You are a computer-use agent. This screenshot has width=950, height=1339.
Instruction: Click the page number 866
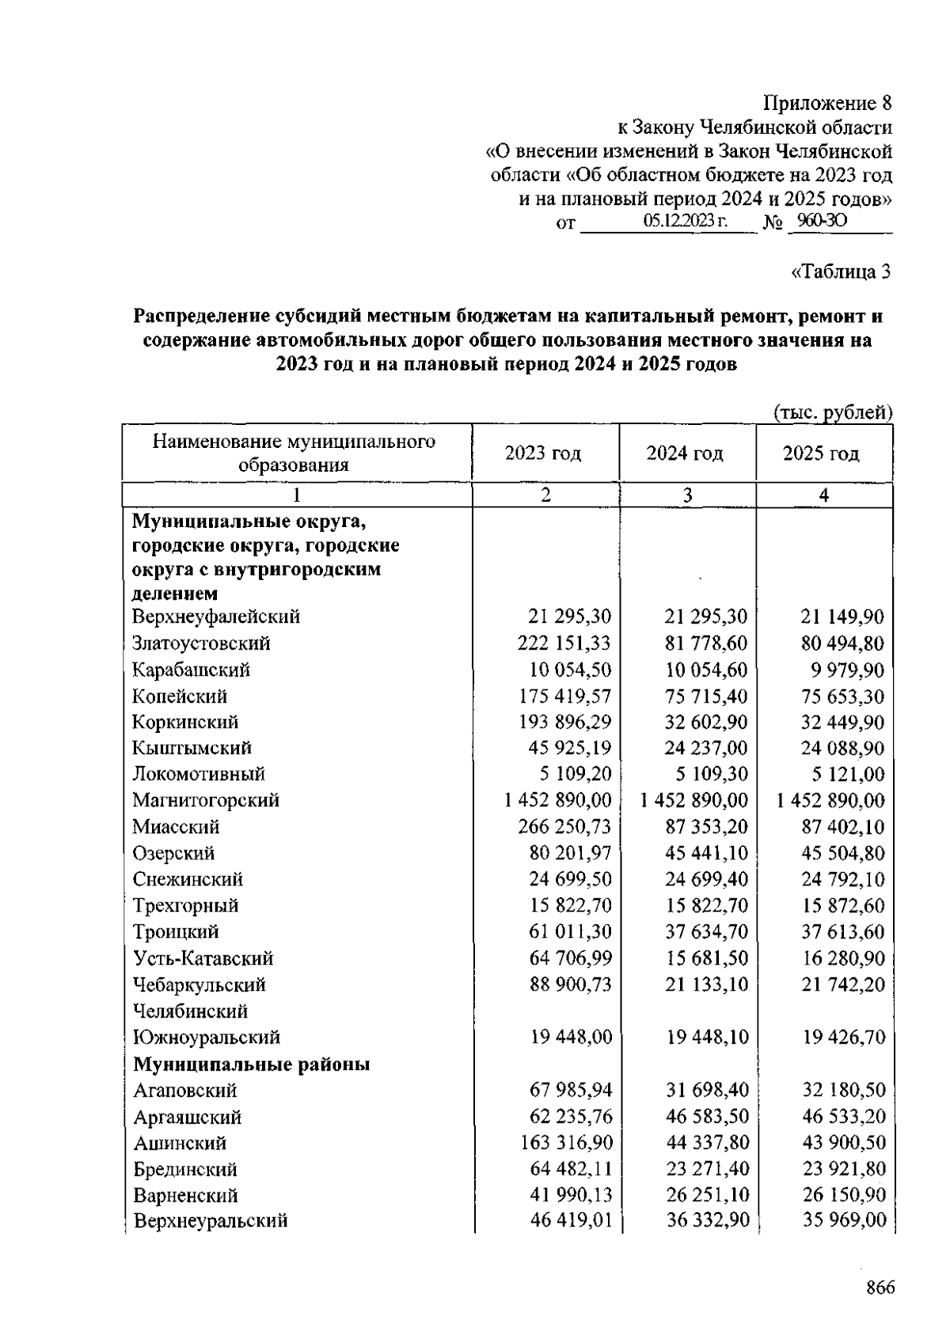[879, 1288]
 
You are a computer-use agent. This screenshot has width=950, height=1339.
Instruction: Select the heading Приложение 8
[827, 104]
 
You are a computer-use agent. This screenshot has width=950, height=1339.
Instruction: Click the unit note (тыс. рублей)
[832, 412]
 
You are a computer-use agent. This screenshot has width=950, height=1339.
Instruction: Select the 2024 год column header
[685, 453]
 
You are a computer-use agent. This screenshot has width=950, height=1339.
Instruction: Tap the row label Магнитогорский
[206, 800]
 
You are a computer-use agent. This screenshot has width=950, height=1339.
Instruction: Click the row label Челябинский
[190, 1011]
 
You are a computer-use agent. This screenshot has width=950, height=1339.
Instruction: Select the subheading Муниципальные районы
[252, 1064]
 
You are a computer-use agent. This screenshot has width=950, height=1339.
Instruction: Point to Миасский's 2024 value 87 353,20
[706, 827]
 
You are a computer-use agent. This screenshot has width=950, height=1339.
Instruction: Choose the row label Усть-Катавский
[203, 958]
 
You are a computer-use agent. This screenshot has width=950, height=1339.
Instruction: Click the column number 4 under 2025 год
[824, 495]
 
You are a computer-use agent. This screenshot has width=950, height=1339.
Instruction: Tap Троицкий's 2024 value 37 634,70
[706, 932]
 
